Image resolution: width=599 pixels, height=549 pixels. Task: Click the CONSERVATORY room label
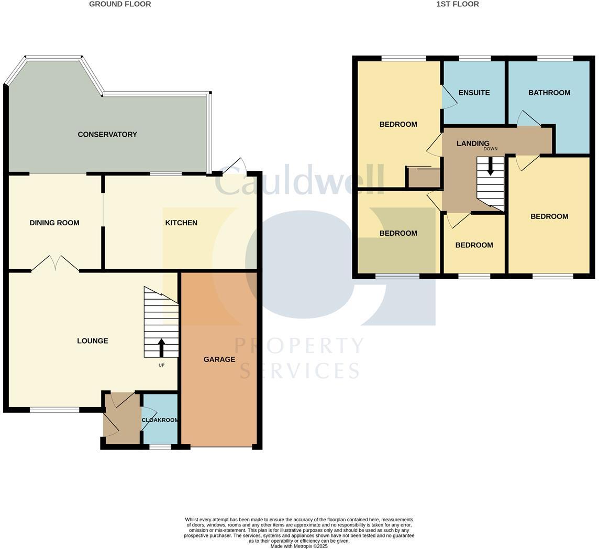107,135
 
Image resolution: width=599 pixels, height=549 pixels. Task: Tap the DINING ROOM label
54,223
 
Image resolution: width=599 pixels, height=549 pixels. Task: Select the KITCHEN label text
181,223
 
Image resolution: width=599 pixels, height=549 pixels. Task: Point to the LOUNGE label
93,341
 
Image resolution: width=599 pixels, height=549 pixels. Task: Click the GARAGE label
219,359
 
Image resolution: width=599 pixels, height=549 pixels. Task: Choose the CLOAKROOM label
160,420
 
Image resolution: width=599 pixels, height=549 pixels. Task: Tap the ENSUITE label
474,93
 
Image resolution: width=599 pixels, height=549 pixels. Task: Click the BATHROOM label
549,93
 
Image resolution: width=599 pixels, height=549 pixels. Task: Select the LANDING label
473,143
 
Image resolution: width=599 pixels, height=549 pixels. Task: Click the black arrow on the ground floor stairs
161,348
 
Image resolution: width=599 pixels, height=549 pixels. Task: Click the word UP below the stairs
161,365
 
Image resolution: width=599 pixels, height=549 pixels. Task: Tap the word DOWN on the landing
491,149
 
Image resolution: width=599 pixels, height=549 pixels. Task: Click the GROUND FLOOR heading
120,4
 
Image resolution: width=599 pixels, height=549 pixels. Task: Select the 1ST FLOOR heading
458,4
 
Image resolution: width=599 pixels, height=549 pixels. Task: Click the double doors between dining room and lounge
55,263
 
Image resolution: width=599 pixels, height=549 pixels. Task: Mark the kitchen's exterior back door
235,167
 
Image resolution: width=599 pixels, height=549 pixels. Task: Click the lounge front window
54,410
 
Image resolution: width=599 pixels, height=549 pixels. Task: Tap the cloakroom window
160,447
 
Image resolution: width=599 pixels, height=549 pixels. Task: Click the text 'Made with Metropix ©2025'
299,546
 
